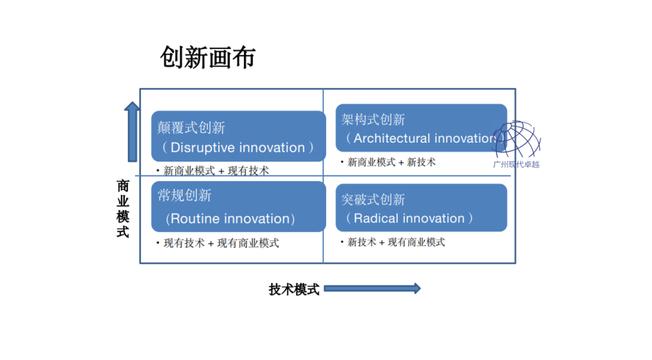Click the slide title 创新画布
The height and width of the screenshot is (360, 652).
coord(208,57)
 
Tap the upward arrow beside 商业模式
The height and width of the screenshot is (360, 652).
coord(132,132)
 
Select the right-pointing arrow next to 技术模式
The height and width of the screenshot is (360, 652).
coord(372,289)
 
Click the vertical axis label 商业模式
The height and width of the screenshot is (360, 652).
coord(123,208)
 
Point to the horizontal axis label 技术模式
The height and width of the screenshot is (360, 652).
coord(293,289)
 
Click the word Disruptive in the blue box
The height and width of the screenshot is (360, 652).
coord(203,148)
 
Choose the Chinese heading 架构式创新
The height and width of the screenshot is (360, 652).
coord(373,119)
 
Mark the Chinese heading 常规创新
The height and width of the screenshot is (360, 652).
coord(184,196)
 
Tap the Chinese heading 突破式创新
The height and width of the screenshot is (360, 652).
coord(373,199)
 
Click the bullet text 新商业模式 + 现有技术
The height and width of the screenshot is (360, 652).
coord(216,171)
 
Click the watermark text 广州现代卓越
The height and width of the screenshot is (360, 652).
coord(516,164)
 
